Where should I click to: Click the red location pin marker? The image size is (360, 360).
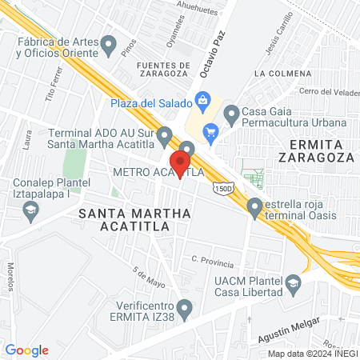(x=180, y=162)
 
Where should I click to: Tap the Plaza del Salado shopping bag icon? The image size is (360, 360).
(x=203, y=102)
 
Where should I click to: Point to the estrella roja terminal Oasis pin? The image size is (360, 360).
(x=255, y=206)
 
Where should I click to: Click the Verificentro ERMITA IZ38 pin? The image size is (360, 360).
(x=185, y=306)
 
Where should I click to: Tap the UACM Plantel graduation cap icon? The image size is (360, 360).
(x=294, y=284)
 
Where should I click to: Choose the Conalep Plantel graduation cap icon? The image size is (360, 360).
(x=31, y=211)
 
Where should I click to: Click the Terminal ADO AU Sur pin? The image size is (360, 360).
(x=165, y=135)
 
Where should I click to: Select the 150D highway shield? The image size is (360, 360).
(x=223, y=186)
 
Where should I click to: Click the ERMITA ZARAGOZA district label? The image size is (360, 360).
(x=316, y=150)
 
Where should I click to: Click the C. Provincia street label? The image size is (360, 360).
(x=213, y=262)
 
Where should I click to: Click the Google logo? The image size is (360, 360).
(x=27, y=350)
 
